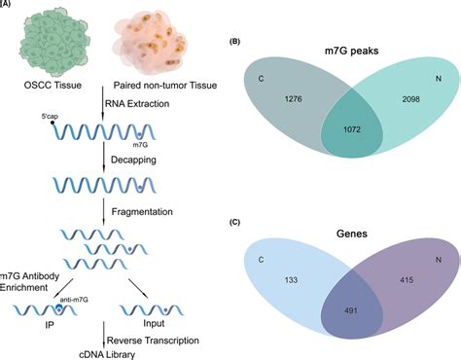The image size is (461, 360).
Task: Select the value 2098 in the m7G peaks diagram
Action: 408,101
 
